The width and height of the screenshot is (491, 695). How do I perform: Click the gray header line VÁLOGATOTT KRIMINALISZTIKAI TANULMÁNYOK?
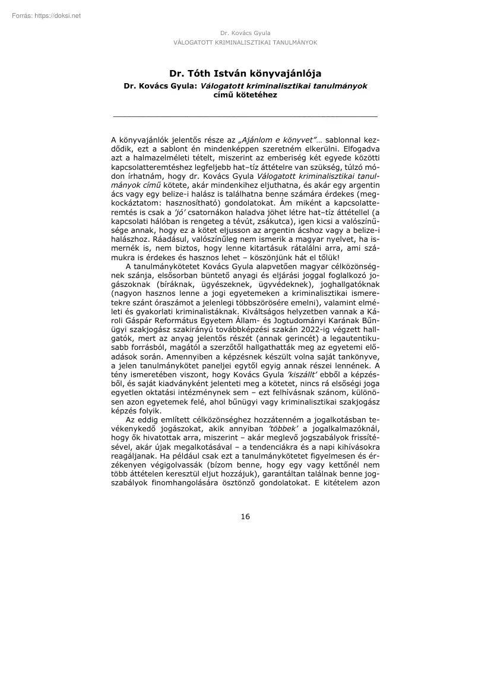[x=245, y=43]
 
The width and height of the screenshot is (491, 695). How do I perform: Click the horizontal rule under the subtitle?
[x=245, y=116]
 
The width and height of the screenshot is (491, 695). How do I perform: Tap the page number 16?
[x=245, y=516]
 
